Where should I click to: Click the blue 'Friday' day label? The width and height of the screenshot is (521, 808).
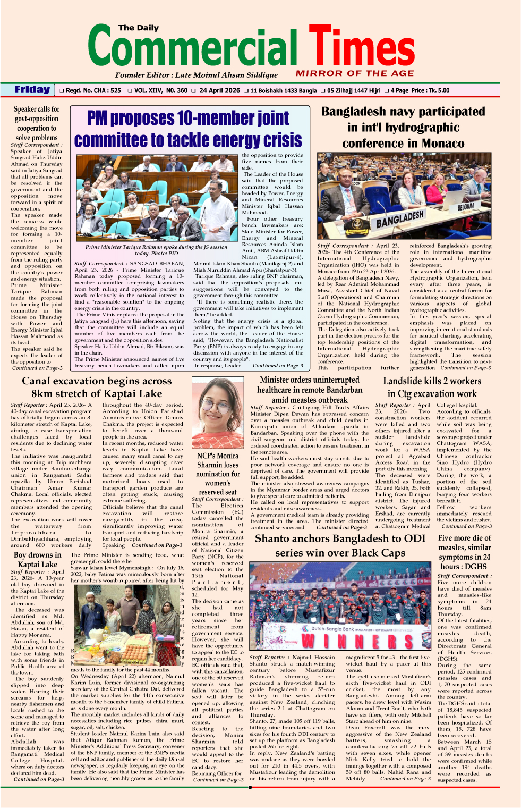click(32, 90)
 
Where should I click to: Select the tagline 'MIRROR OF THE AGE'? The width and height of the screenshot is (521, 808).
click(355, 73)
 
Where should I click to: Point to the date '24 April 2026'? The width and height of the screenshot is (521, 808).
click(219, 91)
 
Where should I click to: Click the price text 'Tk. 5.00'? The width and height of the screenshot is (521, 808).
click(437, 91)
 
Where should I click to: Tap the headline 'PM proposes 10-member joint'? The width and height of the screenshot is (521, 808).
click(188, 119)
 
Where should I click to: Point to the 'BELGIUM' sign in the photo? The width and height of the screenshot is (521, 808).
click(466, 206)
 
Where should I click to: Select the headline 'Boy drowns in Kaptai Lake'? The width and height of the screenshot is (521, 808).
click(37, 559)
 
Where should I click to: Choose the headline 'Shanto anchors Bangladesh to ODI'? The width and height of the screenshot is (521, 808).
click(340, 538)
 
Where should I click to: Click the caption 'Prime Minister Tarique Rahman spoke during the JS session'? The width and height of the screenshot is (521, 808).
click(156, 247)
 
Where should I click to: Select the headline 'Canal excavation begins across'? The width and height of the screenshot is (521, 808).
click(97, 381)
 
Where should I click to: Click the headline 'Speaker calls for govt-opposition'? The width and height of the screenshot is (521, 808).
click(37, 114)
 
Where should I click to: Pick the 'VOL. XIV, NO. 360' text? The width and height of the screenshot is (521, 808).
click(157, 91)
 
